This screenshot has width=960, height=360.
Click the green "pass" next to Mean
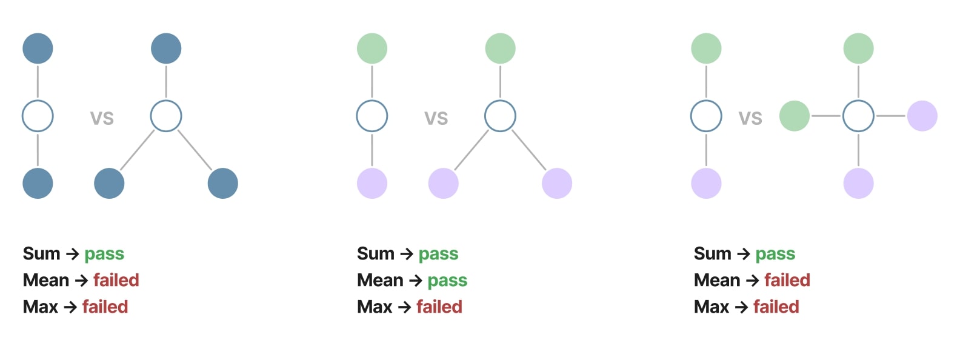click(447, 280)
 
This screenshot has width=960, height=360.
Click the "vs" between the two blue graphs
click(102, 118)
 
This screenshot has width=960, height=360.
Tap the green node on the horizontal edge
click(794, 116)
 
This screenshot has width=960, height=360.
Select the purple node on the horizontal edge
click(922, 116)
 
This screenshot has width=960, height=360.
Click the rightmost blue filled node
click(223, 184)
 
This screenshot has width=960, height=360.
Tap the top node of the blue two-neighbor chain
click(38, 48)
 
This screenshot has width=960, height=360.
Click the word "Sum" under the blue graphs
click(41, 254)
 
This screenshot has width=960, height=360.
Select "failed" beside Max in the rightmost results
click(776, 307)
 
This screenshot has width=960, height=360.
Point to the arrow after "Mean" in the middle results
click(416, 281)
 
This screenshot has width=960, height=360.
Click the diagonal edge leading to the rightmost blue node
click(195, 150)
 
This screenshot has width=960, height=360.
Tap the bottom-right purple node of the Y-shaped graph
click(557, 184)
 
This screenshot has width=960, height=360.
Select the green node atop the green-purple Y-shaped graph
click(500, 48)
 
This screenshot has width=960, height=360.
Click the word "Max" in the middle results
click(375, 307)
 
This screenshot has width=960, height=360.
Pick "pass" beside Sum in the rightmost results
click(775, 254)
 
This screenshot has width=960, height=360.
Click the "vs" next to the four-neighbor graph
click(750, 118)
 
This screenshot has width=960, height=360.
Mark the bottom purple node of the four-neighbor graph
click(858, 184)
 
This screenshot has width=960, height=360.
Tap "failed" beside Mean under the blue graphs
click(116, 280)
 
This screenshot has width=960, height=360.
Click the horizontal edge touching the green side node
click(826, 116)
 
